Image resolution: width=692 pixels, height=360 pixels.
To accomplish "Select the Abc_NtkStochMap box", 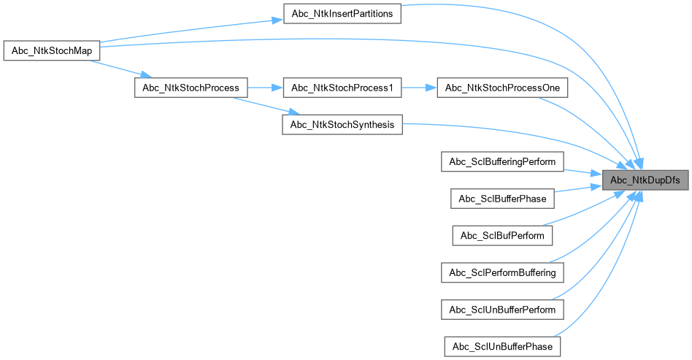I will pos(51,53).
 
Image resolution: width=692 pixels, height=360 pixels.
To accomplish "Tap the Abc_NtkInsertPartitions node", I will pos(342,14).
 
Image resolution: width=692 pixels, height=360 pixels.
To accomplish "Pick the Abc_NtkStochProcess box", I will pos(191,88).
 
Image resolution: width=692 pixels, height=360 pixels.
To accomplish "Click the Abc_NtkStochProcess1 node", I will pos(342,88).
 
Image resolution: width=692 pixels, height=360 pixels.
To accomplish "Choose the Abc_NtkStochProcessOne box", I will pos(502,88).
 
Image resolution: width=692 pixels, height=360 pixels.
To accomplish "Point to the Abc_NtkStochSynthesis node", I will pos(342,124).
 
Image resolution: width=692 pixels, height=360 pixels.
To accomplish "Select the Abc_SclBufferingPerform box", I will pos(502,161).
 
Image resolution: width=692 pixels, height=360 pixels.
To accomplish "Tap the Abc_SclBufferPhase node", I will pos(502,198).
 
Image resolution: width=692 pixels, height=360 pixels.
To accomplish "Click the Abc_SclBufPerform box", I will pos(502,235).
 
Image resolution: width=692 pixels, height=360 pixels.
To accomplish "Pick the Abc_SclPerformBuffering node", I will pos(502,272).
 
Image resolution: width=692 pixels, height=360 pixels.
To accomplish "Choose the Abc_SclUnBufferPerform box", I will pos(502,309).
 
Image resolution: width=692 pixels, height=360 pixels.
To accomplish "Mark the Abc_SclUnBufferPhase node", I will pos(502,345).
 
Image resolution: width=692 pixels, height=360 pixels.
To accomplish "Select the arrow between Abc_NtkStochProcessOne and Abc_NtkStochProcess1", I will pos(418,88).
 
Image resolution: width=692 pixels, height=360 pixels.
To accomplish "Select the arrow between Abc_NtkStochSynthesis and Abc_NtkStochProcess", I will pos(262,106).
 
